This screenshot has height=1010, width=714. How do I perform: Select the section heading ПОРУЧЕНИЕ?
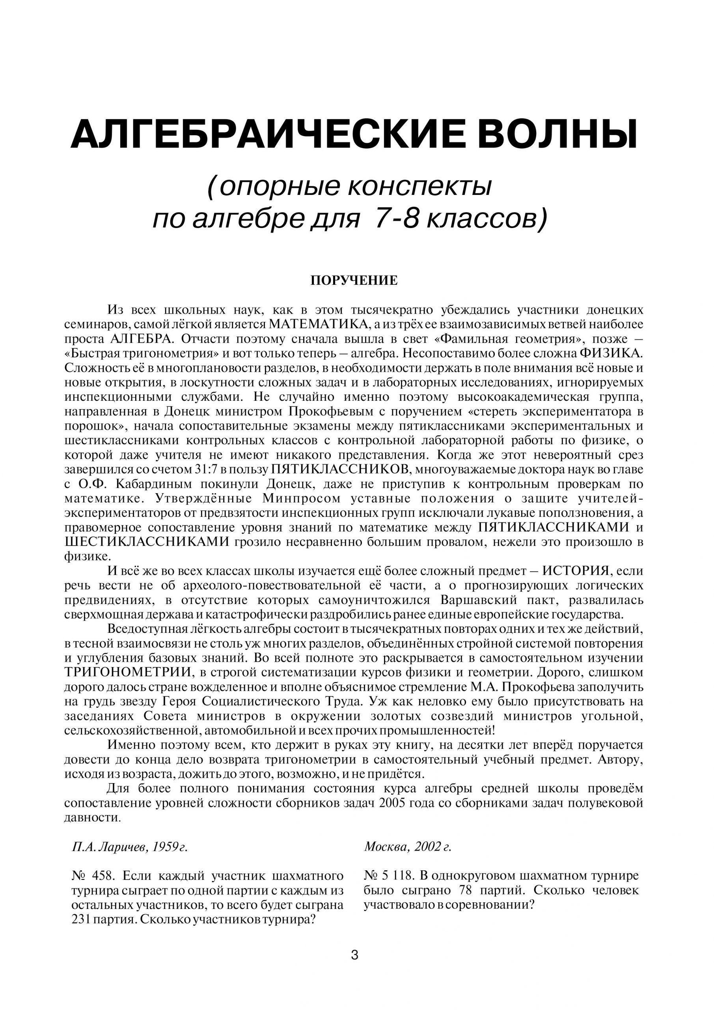click(x=354, y=281)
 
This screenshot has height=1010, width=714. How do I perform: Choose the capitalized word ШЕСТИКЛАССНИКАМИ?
click(x=147, y=542)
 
